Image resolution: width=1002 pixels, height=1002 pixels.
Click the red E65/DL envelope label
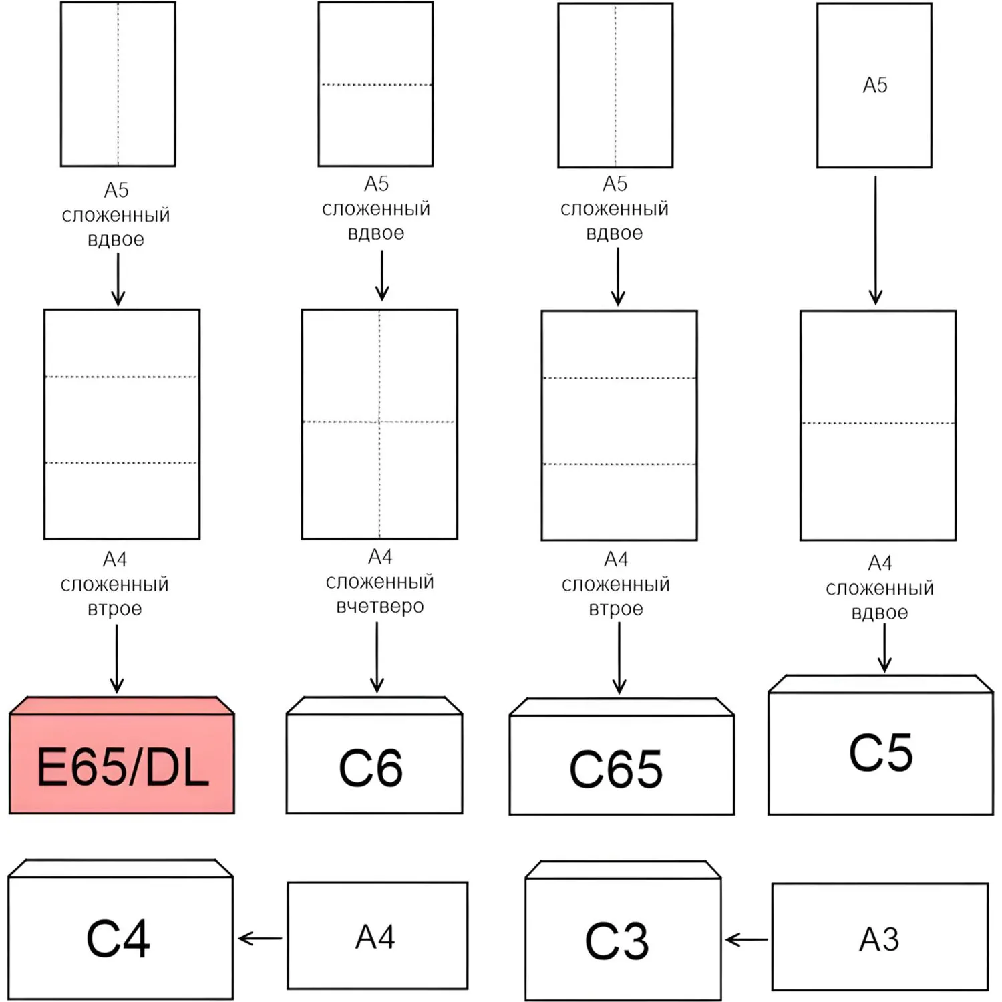[122, 767]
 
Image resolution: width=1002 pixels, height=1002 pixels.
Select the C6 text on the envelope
[371, 768]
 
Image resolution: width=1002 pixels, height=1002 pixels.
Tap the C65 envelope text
[616, 770]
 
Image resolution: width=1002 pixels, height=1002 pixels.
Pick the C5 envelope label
[880, 753]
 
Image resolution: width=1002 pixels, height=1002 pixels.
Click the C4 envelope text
[118, 939]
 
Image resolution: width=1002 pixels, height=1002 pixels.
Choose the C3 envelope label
[617, 941]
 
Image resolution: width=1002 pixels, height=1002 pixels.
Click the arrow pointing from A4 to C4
[260, 939]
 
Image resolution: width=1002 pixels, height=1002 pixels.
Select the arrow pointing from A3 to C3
[746, 941]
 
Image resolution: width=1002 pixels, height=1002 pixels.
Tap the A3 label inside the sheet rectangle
[879, 940]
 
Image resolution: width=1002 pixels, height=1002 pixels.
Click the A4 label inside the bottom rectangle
[375, 937]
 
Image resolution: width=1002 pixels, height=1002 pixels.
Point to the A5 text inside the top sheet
[874, 86]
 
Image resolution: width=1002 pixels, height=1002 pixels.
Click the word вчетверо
[379, 607]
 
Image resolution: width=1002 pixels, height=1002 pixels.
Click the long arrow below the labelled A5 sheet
[875, 240]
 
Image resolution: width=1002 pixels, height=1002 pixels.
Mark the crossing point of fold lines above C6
[379, 422]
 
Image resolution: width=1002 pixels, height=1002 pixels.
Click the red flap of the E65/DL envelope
[122, 705]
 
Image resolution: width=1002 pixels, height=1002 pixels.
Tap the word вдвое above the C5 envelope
[879, 613]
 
